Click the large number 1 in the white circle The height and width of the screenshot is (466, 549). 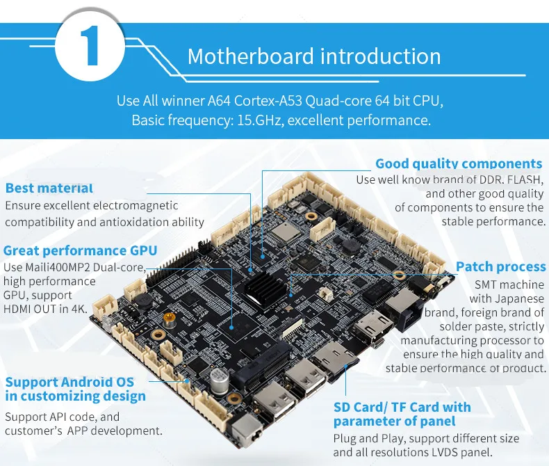pos(90,45)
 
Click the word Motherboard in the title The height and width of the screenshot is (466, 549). pos(250,56)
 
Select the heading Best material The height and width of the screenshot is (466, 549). pos(49,188)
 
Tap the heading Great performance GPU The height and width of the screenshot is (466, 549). pos(80,250)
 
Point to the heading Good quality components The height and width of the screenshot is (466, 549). pos(459,163)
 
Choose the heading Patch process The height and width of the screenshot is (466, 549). pos(500,266)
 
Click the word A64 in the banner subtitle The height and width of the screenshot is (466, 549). pos(219,101)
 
